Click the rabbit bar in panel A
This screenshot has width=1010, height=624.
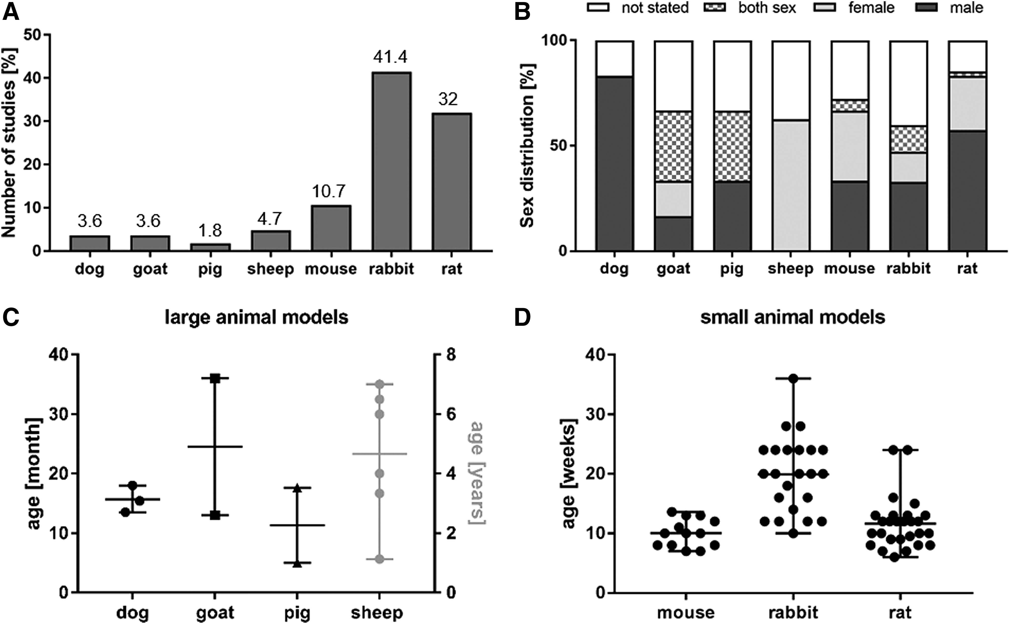tap(391, 161)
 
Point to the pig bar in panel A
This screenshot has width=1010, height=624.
tap(210, 247)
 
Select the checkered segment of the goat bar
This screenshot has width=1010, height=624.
tap(673, 146)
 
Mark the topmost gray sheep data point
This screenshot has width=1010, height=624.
tap(380, 385)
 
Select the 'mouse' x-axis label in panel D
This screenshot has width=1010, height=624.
tap(686, 612)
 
